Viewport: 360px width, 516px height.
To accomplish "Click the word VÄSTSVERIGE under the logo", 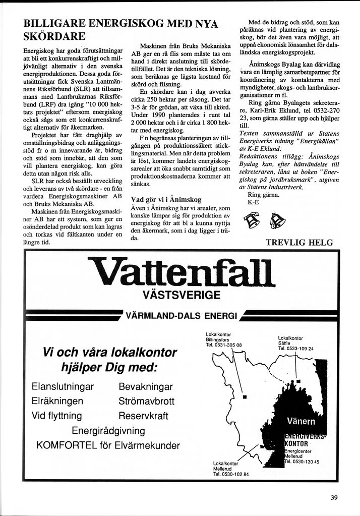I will click(181, 295).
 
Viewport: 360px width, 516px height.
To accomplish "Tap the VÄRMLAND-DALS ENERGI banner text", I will click(181, 316).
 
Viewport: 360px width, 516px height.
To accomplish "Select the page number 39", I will click(334, 498).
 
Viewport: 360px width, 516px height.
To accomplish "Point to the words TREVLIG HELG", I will click(299, 243).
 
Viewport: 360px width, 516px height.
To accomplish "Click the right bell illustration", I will click(277, 220).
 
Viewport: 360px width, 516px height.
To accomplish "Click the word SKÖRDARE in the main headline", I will click(54, 36).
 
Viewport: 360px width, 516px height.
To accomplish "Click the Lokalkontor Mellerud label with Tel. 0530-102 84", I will click(231, 469).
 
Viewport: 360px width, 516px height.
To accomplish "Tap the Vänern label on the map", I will click(301, 421).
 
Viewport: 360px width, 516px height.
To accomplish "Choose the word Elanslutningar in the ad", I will click(63, 387).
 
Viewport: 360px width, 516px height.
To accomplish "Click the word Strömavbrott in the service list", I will click(146, 402).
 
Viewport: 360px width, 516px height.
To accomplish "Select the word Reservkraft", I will click(144, 416).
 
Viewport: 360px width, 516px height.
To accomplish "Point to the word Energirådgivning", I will click(108, 431).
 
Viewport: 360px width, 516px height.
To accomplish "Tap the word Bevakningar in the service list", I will click(146, 387).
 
